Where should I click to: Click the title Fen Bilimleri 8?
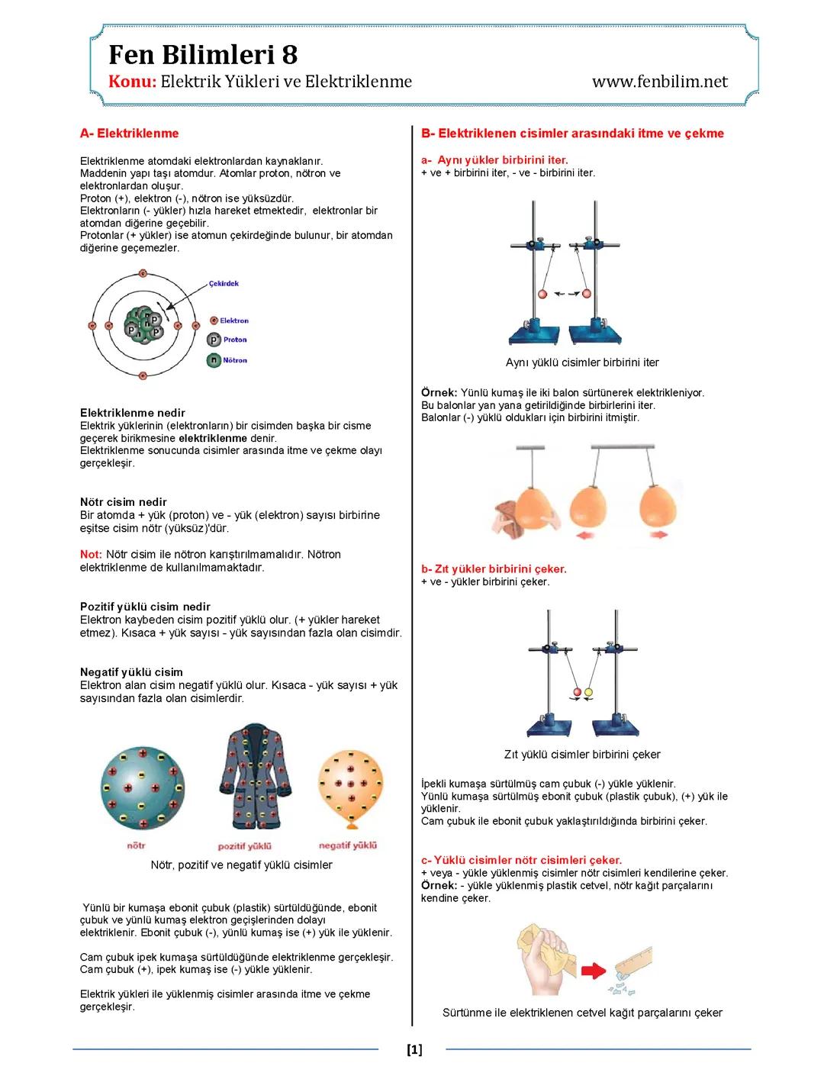[203, 55]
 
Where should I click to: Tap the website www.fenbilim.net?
[660, 82]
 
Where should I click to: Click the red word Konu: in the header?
[132, 82]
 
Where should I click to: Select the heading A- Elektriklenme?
[129, 134]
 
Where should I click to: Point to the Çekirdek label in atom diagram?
[224, 283]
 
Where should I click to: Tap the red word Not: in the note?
[91, 554]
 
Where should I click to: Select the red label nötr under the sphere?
[136, 845]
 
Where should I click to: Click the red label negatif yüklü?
[348, 845]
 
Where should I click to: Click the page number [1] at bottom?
[414, 1049]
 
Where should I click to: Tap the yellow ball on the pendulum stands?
[588, 693]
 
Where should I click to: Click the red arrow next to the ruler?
[593, 971]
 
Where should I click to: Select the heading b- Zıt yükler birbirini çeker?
[494, 569]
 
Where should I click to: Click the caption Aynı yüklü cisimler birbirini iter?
[581, 362]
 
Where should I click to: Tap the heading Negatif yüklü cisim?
[131, 672]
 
